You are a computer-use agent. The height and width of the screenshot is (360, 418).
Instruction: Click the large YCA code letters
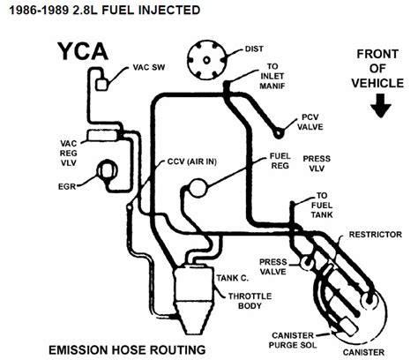point(83,51)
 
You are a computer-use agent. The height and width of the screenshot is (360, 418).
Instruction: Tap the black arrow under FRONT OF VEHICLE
point(381,106)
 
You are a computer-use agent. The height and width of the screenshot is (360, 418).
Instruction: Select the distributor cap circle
point(207,60)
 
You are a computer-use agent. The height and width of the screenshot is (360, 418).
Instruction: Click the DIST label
point(254,49)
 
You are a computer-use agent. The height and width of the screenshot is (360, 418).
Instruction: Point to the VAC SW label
point(149,67)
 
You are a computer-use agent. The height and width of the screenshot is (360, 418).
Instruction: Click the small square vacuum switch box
point(101,85)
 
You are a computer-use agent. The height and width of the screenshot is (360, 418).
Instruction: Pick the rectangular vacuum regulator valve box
point(102,136)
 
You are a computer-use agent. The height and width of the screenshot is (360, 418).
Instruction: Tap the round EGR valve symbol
point(108,170)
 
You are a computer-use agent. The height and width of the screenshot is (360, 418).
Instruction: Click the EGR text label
point(67,186)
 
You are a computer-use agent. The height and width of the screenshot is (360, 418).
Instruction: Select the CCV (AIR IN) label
point(192,161)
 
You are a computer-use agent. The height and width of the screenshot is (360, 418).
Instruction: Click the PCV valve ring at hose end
point(278,133)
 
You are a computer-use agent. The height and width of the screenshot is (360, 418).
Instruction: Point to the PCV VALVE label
point(310,122)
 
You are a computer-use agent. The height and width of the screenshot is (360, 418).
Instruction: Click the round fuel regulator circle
point(198,188)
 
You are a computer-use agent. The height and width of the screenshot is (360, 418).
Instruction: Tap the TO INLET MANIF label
point(272,76)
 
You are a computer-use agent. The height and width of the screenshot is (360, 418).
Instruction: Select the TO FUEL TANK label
point(322,205)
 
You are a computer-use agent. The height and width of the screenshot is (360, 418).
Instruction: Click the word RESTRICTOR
point(376,235)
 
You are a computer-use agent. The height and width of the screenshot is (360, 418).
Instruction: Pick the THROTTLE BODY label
point(250,301)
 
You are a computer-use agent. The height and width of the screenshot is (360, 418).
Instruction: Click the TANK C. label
point(233,278)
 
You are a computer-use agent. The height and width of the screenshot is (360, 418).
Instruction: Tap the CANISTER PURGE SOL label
point(293,340)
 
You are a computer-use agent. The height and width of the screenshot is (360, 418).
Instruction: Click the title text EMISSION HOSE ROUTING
point(127,350)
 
